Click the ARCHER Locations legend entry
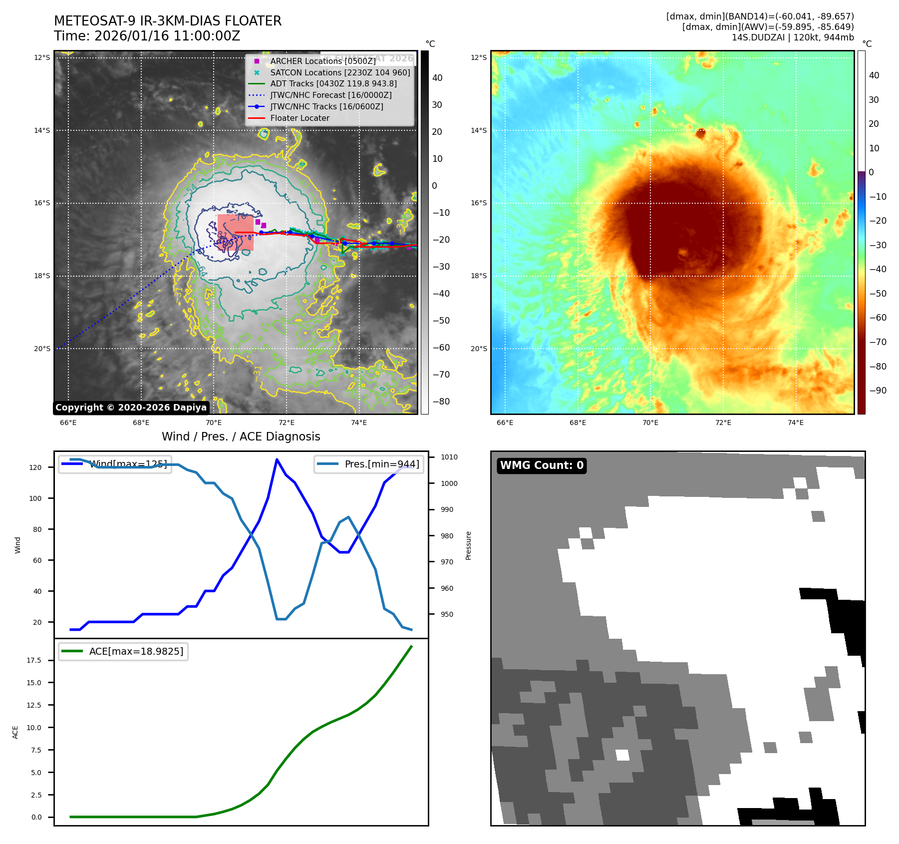[x=323, y=61]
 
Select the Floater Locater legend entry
[x=300, y=118]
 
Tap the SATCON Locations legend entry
[x=340, y=72]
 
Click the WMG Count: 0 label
[x=542, y=465]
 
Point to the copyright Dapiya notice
[x=131, y=408]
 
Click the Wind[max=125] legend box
[x=115, y=464]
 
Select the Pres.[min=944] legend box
[x=369, y=464]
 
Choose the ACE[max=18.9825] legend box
[x=123, y=651]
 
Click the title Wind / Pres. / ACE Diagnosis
[x=241, y=436]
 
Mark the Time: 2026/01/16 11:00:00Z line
[x=147, y=36]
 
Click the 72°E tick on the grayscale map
[x=287, y=423]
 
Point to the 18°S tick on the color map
[x=478, y=276]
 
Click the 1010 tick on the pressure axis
[x=449, y=457]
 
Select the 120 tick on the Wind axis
[x=35, y=467]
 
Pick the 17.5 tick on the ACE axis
[x=34, y=660]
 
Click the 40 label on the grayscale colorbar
[x=437, y=78]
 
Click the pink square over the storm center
[x=235, y=232]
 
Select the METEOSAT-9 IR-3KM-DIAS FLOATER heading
[x=168, y=21]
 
